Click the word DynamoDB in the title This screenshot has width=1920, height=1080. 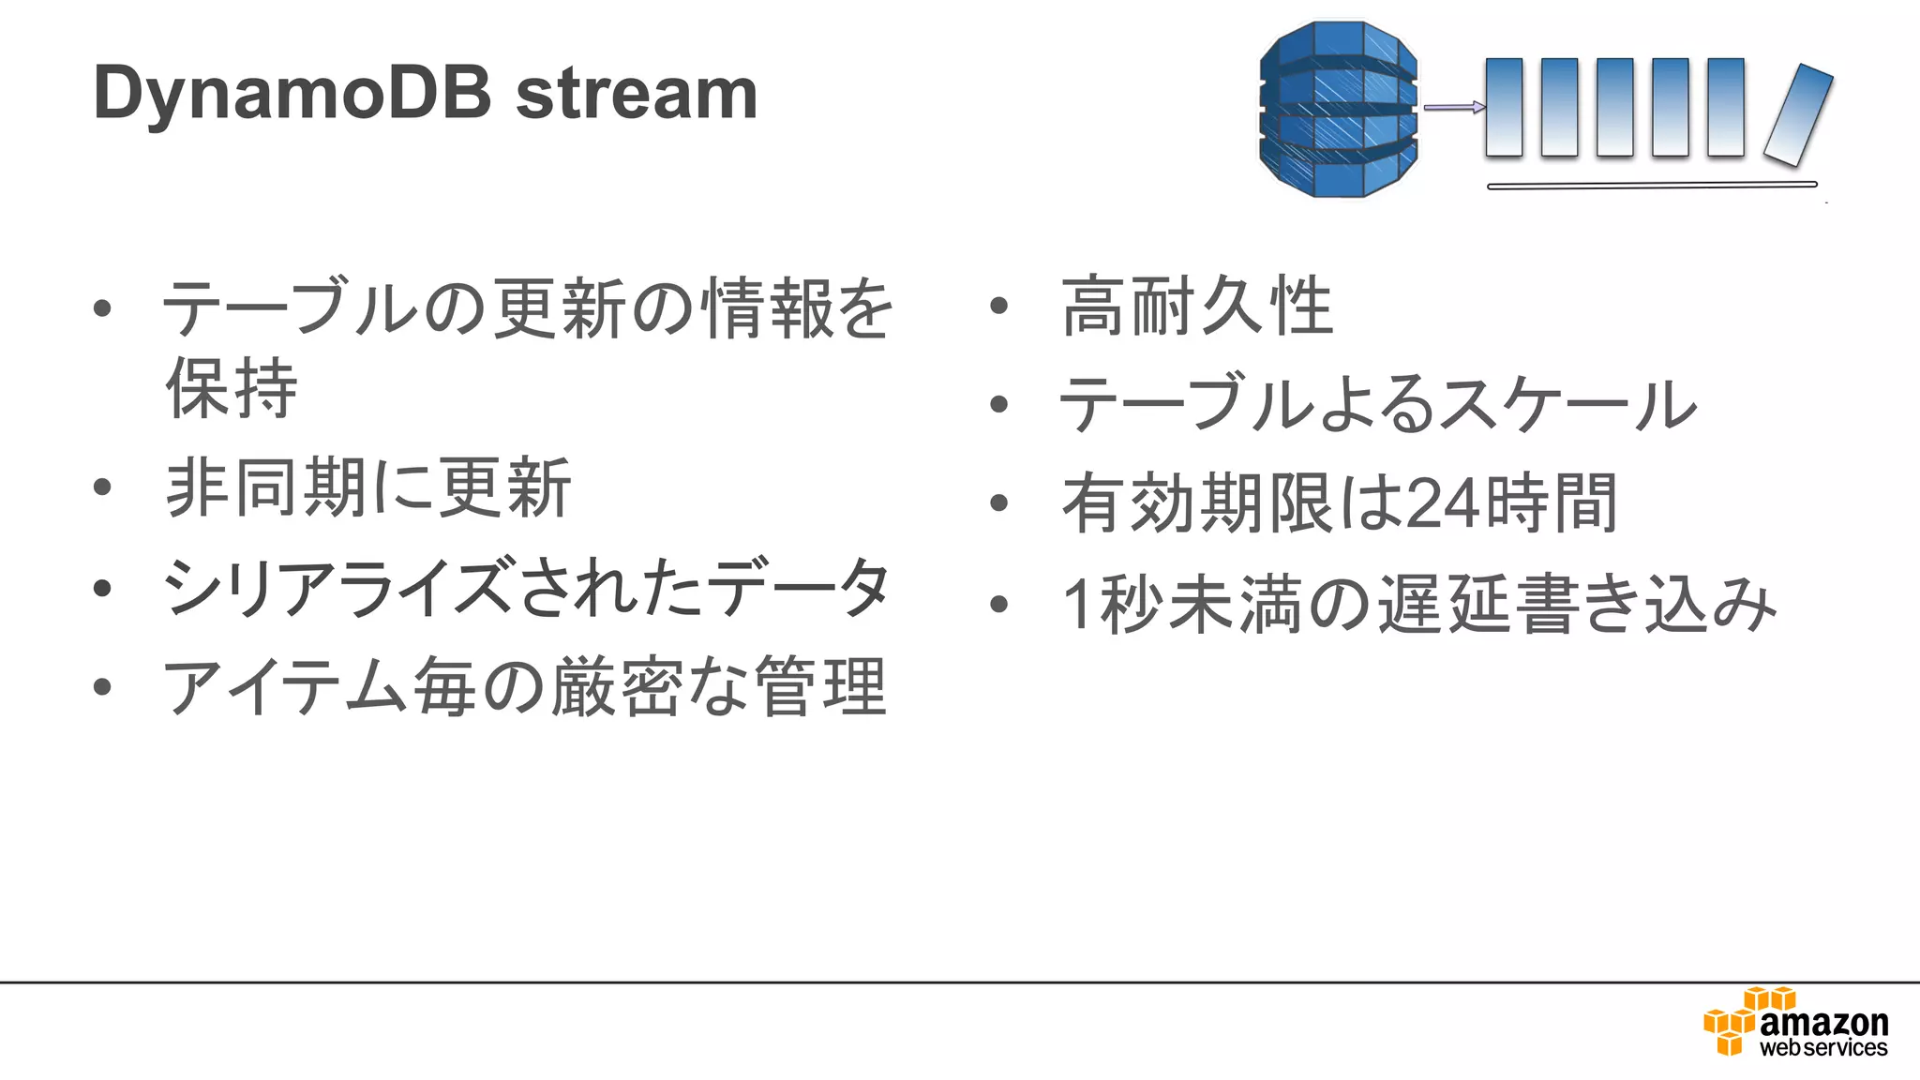[292, 95]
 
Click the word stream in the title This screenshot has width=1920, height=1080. [637, 95]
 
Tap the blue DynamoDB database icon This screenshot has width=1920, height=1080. [1338, 109]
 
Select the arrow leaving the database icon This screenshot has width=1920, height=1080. [1453, 107]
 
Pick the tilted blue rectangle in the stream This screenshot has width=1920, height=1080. [1798, 114]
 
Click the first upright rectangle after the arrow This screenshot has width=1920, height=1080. [1504, 107]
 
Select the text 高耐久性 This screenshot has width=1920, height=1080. [1197, 306]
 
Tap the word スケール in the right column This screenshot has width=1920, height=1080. [1566, 405]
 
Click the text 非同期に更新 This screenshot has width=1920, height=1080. [367, 487]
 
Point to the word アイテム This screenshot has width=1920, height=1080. [286, 687]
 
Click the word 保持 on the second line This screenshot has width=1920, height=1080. [232, 387]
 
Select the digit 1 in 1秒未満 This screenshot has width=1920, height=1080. [1077, 605]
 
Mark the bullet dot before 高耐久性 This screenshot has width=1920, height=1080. [998, 306]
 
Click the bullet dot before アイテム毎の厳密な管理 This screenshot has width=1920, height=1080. [102, 687]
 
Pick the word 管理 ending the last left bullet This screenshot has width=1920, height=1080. [820, 687]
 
